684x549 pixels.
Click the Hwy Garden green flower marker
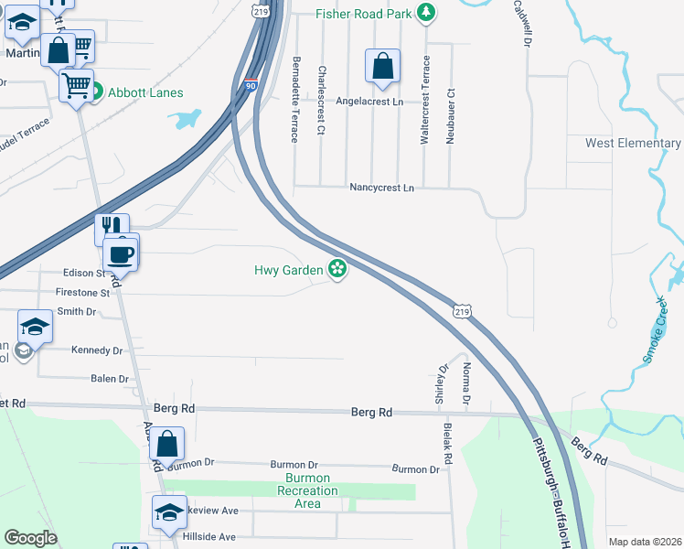[x=337, y=268]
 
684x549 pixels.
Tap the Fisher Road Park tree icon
[x=425, y=13]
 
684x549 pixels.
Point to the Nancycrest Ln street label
[x=382, y=188]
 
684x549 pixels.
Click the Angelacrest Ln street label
[x=369, y=102]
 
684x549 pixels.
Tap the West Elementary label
[x=633, y=144]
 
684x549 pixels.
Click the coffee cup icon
[x=121, y=253]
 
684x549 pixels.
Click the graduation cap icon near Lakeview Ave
[x=169, y=513]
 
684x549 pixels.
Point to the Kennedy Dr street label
[x=96, y=350]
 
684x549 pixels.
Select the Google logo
[x=30, y=538]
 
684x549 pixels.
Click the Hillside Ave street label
[x=208, y=537]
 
